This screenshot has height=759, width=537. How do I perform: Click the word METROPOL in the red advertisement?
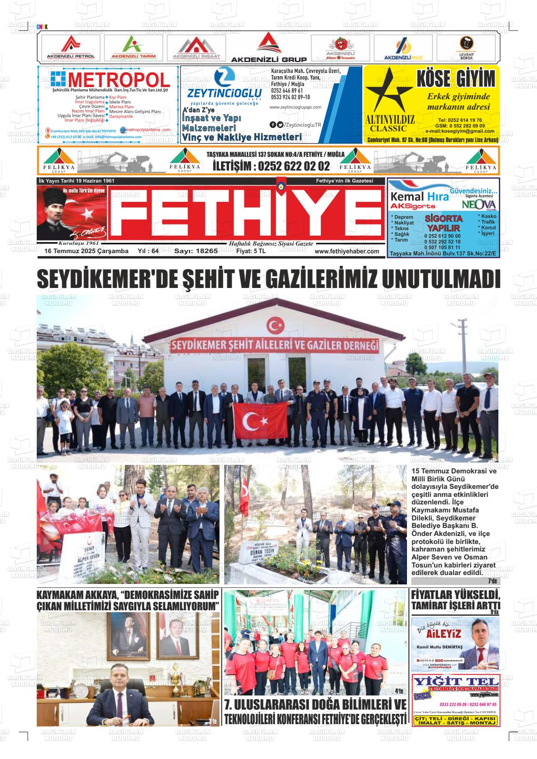click(118, 80)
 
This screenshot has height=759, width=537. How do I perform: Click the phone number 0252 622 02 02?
click(271, 166)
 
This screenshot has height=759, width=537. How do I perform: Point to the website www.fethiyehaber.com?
click(347, 252)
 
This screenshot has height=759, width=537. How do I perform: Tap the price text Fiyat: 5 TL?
click(251, 251)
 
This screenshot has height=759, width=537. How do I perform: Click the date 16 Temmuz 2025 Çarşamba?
click(86, 251)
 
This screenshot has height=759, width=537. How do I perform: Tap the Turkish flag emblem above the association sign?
click(273, 325)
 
